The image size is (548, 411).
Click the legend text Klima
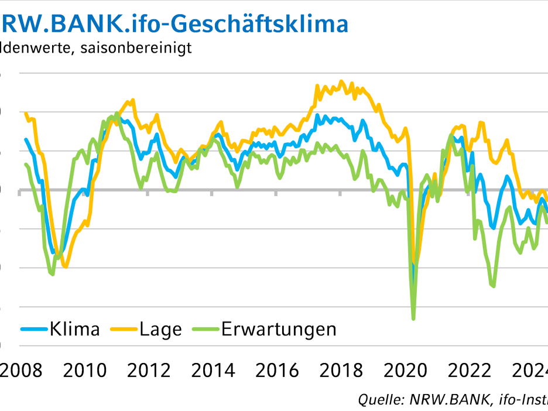[75, 329]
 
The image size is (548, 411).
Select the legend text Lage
[160, 329]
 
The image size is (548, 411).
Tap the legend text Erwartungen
[279, 329]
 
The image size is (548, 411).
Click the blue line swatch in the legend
[34, 329]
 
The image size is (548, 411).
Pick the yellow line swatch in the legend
[124, 329]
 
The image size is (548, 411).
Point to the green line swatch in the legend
[205, 329]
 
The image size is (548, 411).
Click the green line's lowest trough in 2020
[413, 318]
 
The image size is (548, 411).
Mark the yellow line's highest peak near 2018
[342, 81]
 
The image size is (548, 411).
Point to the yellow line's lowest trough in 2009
[65, 267]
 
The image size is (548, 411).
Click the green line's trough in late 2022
[494, 286]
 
